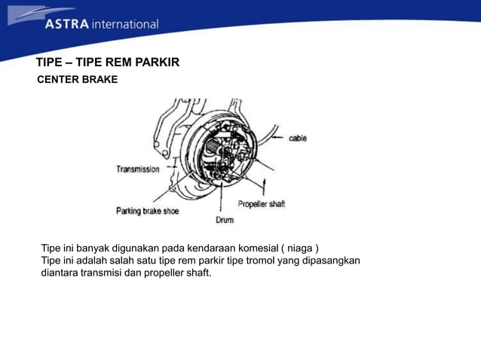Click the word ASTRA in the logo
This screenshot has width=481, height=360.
[67, 24]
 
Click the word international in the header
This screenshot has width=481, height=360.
[125, 24]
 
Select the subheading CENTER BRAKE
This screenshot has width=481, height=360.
[78, 79]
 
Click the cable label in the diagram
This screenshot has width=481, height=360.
[298, 139]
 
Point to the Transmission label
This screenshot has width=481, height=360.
[137, 169]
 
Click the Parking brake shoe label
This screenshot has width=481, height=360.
[147, 211]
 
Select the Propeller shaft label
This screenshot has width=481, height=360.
[262, 204]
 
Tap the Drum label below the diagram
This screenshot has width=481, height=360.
[224, 220]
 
